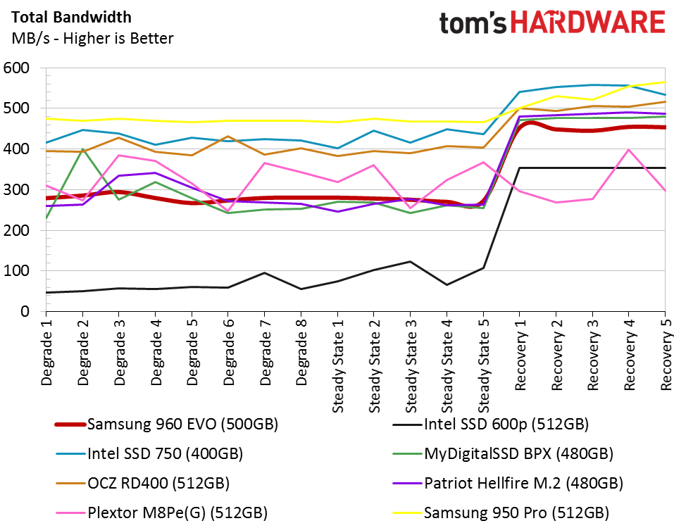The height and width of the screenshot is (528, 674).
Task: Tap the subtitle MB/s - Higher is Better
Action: point(92,38)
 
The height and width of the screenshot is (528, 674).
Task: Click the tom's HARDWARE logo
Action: point(552,23)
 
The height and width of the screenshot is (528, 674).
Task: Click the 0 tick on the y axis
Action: point(26,311)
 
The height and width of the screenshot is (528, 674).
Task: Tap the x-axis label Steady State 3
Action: point(411,363)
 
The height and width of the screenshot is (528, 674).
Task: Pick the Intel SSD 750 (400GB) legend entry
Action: point(165,453)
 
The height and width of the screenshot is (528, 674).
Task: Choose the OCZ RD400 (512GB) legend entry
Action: point(158,483)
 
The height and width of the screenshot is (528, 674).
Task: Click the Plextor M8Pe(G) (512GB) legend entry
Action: point(177,512)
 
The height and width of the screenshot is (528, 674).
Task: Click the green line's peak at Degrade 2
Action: point(82,149)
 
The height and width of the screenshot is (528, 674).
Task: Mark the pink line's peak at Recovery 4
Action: point(628,149)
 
